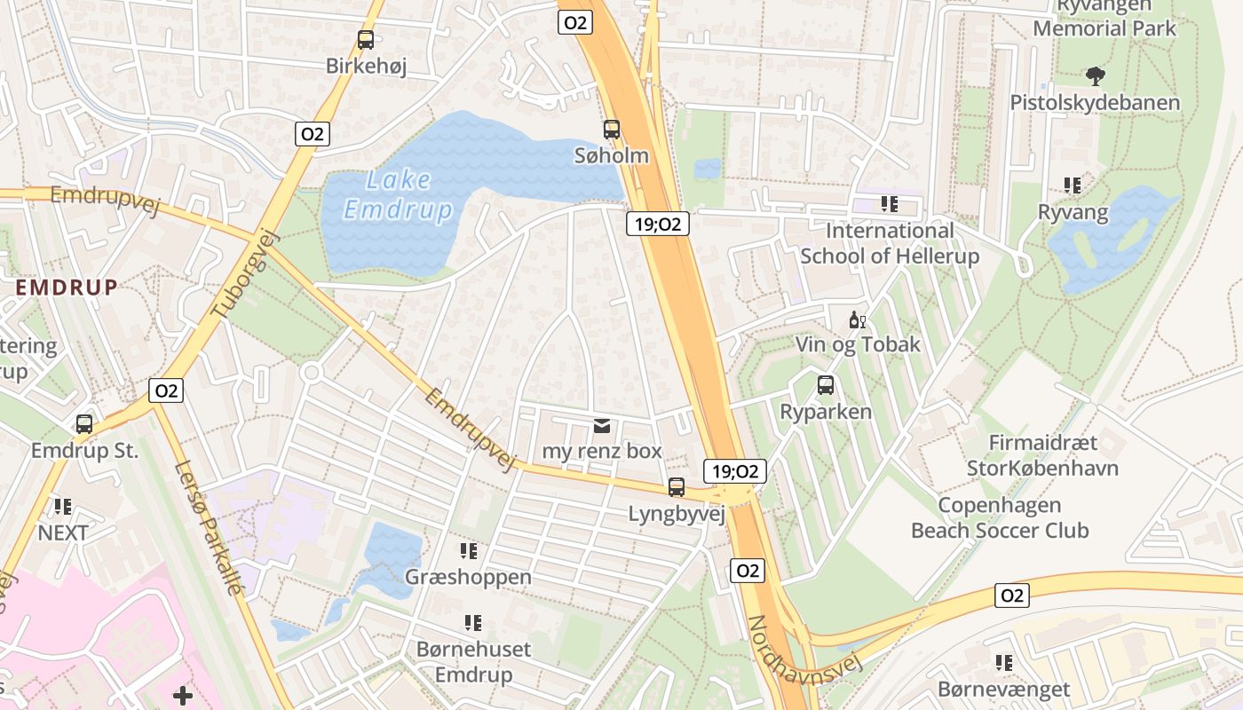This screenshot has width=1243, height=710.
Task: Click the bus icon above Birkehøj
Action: pyautogui.click(x=365, y=40)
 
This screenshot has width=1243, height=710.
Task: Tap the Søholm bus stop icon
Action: pyautogui.click(x=612, y=130)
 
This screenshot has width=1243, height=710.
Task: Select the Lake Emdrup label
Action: pyautogui.click(x=398, y=195)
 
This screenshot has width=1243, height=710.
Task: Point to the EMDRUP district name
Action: pyautogui.click(x=67, y=288)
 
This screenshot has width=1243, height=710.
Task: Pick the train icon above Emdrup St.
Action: pyautogui.click(x=84, y=424)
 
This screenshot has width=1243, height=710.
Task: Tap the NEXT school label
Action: pyautogui.click(x=62, y=532)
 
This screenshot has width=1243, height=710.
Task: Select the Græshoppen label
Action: pyautogui.click(x=468, y=577)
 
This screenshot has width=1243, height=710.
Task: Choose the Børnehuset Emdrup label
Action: pyautogui.click(x=473, y=662)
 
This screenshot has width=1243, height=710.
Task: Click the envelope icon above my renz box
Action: pyautogui.click(x=603, y=426)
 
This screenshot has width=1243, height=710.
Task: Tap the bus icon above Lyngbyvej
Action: pyautogui.click(x=677, y=487)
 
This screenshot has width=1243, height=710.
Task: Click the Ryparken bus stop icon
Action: pyautogui.click(x=826, y=385)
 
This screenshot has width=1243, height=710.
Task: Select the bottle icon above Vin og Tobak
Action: pyautogui.click(x=857, y=319)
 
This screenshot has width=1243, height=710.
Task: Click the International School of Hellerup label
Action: pyautogui.click(x=890, y=243)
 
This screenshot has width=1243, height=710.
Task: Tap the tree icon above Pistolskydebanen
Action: pyautogui.click(x=1095, y=76)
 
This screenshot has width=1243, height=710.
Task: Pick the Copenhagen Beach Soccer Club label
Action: pyautogui.click(x=1000, y=518)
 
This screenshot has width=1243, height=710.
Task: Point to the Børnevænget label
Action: pyautogui.click(x=1003, y=690)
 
